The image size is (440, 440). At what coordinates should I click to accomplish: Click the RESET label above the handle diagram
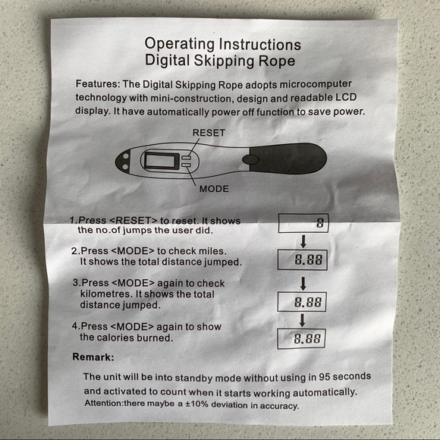[209, 133]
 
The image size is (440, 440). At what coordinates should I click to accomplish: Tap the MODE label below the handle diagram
[214, 189]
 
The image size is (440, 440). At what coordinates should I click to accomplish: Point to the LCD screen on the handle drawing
[162, 161]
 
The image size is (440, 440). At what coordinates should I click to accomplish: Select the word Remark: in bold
[93, 357]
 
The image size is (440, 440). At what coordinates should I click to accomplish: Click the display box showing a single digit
[303, 223]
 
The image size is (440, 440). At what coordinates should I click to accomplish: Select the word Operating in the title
[179, 45]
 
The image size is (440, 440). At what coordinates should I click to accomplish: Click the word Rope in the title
[277, 61]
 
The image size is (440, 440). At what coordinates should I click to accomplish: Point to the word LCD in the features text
[346, 97]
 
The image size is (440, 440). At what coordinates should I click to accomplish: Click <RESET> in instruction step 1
[133, 220]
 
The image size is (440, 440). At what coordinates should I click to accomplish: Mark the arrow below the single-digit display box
[303, 241]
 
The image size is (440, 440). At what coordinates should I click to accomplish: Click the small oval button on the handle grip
[250, 159]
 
